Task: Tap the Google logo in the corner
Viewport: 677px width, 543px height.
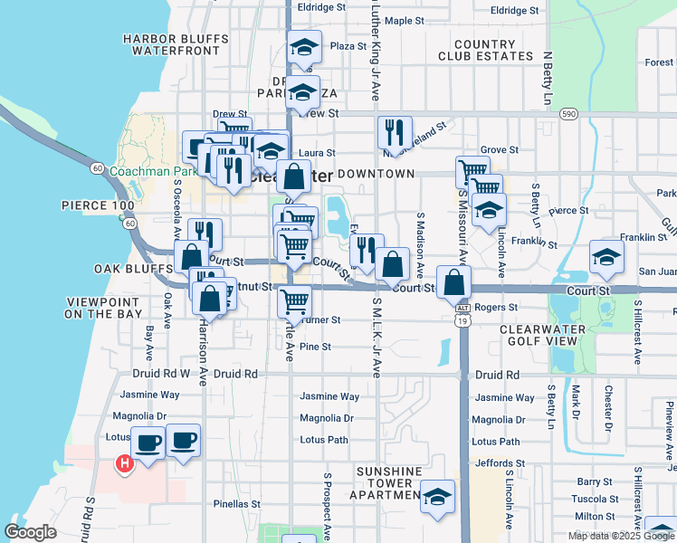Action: click(x=31, y=532)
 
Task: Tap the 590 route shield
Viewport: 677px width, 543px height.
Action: click(x=567, y=114)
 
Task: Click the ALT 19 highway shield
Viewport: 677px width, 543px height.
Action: click(x=461, y=314)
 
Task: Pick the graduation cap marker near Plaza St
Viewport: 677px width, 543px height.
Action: click(x=304, y=47)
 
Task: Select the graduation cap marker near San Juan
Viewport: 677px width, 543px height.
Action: click(x=606, y=256)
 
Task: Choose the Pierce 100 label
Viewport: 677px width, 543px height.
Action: click(x=97, y=206)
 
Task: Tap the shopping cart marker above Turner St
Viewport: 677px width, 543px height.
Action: click(x=294, y=301)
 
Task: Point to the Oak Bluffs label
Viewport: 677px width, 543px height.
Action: click(x=133, y=269)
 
